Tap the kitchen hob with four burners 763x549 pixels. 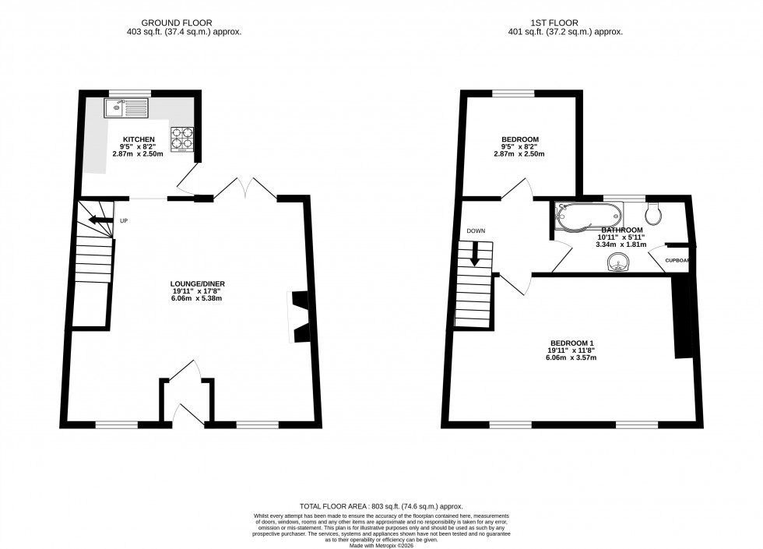coord(182,137)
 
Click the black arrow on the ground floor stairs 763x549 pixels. coord(99,221)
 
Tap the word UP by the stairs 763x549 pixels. coord(124,221)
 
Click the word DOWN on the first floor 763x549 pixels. coord(476,231)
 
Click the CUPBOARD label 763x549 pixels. coord(677,261)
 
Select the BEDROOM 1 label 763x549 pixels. coord(572,343)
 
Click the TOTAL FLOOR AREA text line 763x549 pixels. coord(381,506)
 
